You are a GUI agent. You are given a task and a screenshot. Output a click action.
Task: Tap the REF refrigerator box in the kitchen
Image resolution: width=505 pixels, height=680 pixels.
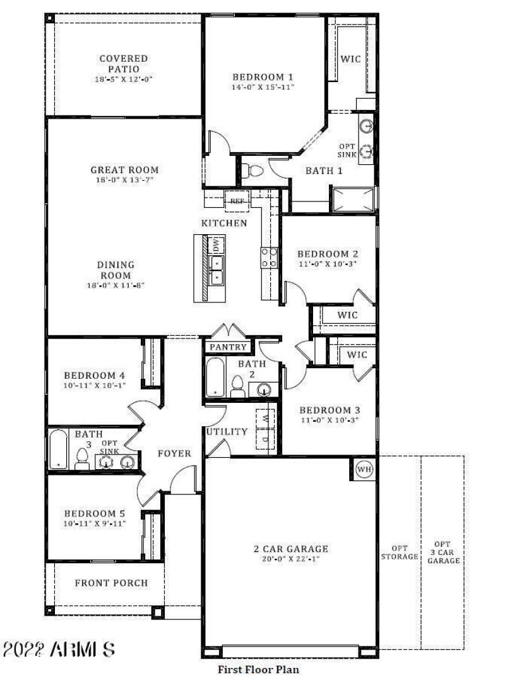[x=237, y=201]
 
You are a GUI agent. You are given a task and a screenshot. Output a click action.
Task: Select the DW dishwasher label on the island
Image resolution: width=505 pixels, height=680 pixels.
[x=216, y=244]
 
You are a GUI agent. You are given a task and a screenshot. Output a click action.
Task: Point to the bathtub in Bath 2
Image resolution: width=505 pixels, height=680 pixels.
[x=215, y=377]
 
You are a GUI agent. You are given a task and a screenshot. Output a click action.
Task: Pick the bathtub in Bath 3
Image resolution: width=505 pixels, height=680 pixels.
[x=59, y=450]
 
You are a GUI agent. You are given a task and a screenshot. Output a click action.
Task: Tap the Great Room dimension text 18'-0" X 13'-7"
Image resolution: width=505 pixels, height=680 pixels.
[x=124, y=180]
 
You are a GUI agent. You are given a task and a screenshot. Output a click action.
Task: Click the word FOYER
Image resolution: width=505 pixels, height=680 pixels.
[x=174, y=453]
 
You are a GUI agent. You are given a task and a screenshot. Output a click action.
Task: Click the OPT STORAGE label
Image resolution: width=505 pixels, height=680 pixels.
[x=400, y=552]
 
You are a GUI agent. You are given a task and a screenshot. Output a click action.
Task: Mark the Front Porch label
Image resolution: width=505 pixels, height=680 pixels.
[x=111, y=583]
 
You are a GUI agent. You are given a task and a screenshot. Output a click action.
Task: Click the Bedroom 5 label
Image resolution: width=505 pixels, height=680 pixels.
[x=99, y=514]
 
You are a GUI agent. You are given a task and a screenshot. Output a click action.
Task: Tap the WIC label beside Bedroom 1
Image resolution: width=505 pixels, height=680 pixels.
[x=351, y=59]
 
